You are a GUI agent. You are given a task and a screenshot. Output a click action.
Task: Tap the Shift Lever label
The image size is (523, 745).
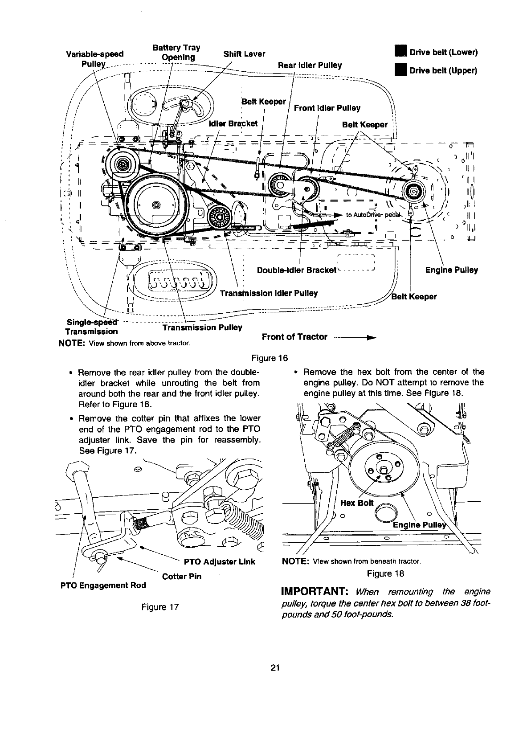[x=244, y=54]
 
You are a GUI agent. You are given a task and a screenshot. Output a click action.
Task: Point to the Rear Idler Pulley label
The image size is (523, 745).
[x=310, y=65]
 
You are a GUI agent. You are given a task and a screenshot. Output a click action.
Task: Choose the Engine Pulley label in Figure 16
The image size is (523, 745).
[x=451, y=270]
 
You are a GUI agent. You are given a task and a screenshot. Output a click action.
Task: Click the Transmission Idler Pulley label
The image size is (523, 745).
[x=269, y=293]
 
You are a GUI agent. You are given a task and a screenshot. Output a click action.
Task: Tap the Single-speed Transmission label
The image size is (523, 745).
[x=92, y=327]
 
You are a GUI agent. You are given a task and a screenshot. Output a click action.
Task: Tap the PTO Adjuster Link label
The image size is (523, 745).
[x=219, y=561]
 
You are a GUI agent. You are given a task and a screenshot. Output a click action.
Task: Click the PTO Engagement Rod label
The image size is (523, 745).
[x=103, y=585]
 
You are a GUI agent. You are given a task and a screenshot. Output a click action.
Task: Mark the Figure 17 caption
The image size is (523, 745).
[x=160, y=606]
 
